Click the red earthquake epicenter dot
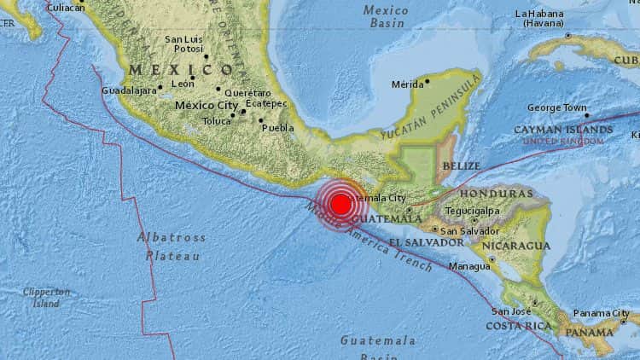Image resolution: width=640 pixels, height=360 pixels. click(x=340, y=204)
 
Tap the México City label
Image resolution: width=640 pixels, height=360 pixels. click(x=206, y=105)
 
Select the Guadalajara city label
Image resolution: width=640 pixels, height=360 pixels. click(x=128, y=90)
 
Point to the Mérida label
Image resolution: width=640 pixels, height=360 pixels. click(x=407, y=84)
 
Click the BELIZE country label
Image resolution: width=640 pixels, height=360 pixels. click(x=462, y=165)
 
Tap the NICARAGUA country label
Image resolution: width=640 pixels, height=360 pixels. click(x=515, y=246)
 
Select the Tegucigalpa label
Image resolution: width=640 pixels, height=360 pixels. click(x=471, y=211)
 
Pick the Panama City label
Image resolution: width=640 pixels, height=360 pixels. click(x=601, y=313)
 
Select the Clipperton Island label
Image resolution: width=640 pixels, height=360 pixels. click(x=47, y=297)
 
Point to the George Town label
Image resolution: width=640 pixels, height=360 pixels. click(x=557, y=108)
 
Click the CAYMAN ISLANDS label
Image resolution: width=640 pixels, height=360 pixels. click(x=569, y=130)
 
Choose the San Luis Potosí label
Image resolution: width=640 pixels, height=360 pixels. click(x=183, y=44)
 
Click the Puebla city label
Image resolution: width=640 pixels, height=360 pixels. click(x=278, y=128)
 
